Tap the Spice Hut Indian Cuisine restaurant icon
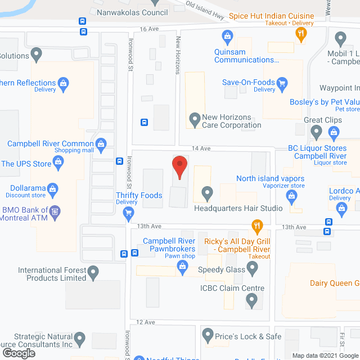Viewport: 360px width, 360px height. (x=301, y=34)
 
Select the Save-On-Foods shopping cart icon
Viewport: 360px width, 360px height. (x=282, y=83)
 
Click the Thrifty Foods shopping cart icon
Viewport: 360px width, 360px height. (x=128, y=212)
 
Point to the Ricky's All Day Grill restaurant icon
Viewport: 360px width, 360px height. (x=256, y=227)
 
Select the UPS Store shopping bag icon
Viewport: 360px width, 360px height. (x=58, y=164)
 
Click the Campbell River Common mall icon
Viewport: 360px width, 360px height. (x=101, y=143)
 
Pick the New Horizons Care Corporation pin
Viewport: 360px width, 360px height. (x=195, y=119)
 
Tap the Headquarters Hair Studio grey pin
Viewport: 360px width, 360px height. (x=207, y=193)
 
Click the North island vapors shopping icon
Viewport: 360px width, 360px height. (x=291, y=195)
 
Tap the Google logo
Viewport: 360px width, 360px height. (x=18, y=353)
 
